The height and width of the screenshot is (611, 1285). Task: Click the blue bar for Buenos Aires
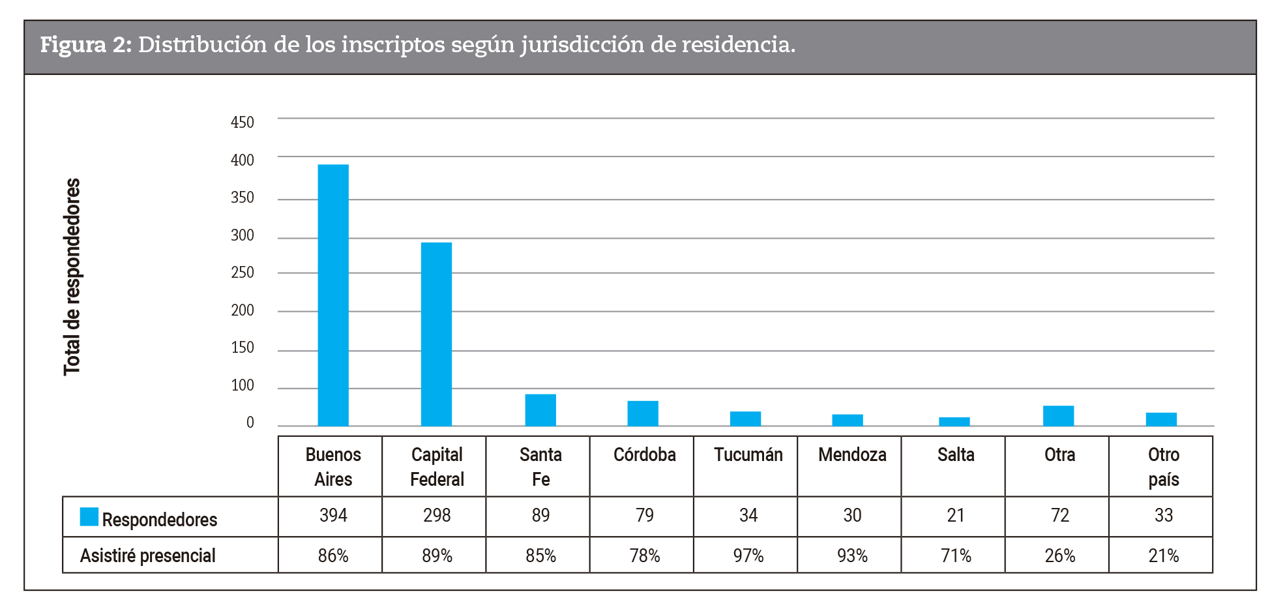click(x=333, y=295)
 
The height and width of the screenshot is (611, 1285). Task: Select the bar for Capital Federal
click(x=436, y=334)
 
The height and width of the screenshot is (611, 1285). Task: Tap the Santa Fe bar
click(x=540, y=410)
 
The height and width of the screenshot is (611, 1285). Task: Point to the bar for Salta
click(x=954, y=421)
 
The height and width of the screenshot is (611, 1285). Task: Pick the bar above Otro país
click(x=1161, y=419)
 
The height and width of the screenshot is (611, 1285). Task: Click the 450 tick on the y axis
click(x=242, y=123)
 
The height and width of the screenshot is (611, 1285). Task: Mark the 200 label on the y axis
click(x=242, y=310)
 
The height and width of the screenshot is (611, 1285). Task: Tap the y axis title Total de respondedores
click(x=72, y=276)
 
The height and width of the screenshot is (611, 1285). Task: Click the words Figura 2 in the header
click(x=85, y=45)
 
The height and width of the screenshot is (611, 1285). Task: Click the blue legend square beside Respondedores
click(x=89, y=516)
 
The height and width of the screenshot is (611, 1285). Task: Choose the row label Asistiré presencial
click(x=147, y=556)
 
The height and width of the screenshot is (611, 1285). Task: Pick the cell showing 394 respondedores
click(x=333, y=516)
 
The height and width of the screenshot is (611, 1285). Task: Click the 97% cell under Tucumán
click(x=748, y=556)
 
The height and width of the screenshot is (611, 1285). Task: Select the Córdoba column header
click(x=644, y=455)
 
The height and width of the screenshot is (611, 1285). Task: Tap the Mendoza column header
click(x=851, y=455)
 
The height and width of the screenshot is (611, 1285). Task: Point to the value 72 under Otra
click(x=1059, y=516)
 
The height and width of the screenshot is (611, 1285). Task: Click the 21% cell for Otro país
click(x=1163, y=556)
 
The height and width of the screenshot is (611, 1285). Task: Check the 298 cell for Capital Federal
click(x=436, y=516)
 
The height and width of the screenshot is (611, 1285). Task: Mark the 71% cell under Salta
click(x=955, y=556)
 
